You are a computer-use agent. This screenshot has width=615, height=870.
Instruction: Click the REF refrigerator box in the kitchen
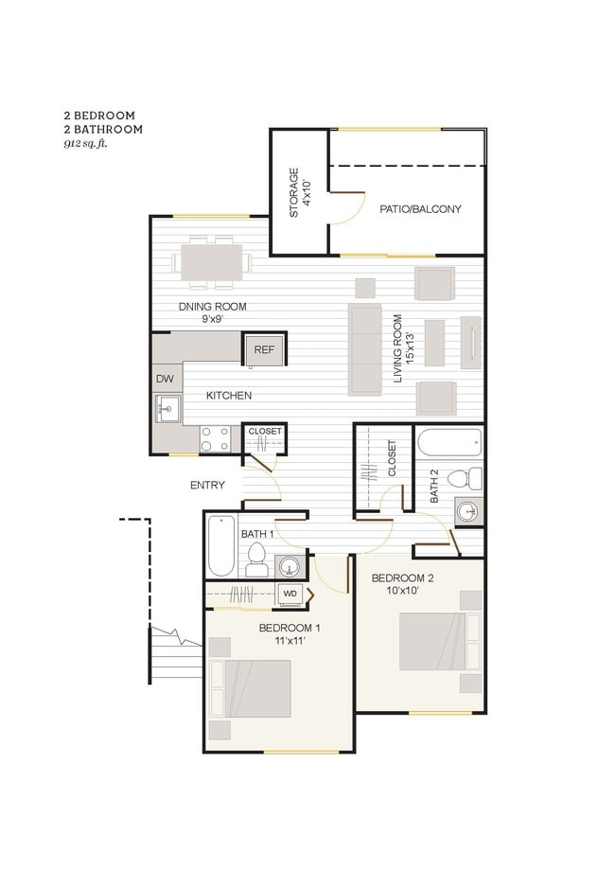[264, 350]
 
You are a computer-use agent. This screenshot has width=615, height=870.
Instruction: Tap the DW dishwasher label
[165, 379]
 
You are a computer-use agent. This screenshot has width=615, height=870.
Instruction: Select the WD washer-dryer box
[290, 595]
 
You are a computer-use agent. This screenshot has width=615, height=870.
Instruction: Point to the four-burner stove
[215, 437]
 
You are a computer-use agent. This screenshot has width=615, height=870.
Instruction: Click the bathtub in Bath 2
[449, 443]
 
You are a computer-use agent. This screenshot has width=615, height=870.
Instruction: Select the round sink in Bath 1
[290, 567]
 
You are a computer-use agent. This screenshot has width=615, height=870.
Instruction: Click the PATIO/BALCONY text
[420, 208]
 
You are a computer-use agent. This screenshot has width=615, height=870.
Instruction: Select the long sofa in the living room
[365, 348]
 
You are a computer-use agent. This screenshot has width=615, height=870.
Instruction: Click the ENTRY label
[207, 486]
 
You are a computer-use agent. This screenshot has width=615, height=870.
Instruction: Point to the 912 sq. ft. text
[86, 144]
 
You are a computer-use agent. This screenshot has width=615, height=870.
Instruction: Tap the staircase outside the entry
[177, 653]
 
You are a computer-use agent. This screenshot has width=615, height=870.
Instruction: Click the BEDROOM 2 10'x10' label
[402, 584]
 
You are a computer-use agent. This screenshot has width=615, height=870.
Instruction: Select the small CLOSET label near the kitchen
[265, 432]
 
